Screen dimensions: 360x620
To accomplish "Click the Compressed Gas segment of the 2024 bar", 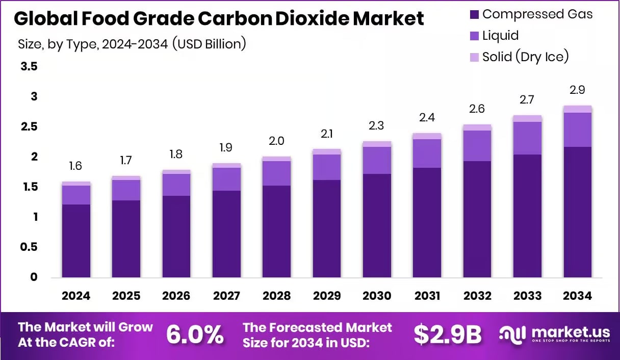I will (76, 241).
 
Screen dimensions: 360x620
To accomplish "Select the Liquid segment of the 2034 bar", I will (578, 130).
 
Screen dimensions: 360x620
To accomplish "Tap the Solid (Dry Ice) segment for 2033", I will (527, 118).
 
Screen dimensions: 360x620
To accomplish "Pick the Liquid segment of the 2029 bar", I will (327, 167).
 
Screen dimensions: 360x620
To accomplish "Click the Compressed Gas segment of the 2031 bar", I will (427, 222).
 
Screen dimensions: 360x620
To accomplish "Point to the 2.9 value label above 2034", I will (577, 90).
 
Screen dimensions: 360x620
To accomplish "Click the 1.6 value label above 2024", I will (76, 166).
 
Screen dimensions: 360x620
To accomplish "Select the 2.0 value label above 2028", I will (277, 141).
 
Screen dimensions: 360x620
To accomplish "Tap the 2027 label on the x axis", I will (226, 296).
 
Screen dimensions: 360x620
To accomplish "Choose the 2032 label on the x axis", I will (477, 296).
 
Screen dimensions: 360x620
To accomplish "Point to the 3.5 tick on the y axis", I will (29, 67).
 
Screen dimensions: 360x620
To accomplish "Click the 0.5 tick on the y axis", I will (29, 247).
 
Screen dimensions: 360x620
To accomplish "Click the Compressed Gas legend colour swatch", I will (474, 14).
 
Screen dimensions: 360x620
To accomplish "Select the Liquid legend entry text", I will (500, 35).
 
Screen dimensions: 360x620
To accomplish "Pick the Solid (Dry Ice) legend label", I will (525, 56).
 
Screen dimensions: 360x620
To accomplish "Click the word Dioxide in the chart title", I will (309, 19).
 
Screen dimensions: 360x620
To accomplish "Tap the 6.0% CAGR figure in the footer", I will (195, 335).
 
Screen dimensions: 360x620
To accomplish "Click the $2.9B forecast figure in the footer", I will (447, 335).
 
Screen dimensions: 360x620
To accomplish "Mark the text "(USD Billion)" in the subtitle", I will (209, 44).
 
